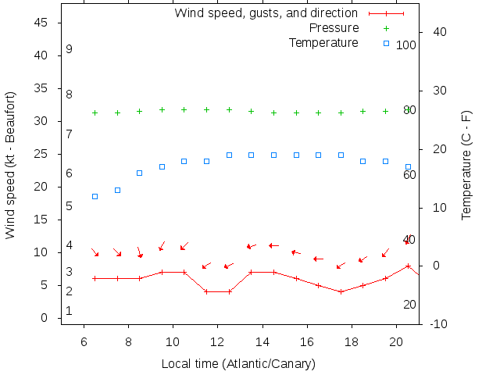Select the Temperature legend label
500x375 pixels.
323,42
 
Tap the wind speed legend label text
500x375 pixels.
266,13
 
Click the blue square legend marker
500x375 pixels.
386,43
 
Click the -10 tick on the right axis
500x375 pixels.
439,323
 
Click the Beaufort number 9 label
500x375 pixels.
70,49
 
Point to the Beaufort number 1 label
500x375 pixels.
70,311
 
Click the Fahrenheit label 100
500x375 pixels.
405,45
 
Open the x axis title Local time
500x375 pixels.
238,364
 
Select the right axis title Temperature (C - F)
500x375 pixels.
466,165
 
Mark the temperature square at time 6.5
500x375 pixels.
95,196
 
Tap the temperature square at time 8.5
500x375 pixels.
140,173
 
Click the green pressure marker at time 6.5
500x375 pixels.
95,112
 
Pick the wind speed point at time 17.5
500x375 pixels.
341,291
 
